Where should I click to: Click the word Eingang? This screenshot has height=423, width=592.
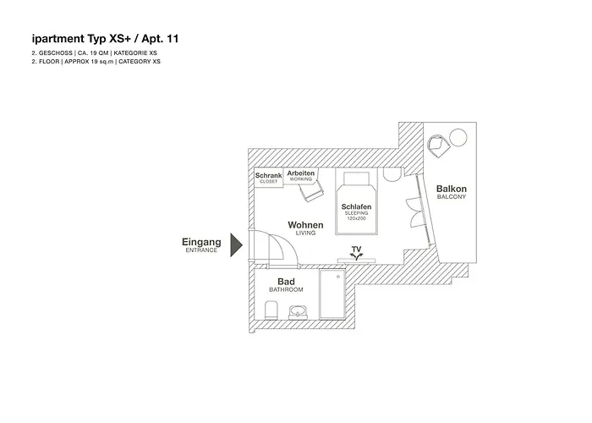(x=201, y=242)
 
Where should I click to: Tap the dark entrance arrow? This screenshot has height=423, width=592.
(x=237, y=245)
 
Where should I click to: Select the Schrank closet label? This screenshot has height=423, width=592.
(x=268, y=177)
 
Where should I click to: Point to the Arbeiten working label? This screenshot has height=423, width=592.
(x=300, y=175)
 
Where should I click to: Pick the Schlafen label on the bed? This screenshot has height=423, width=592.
(x=357, y=206)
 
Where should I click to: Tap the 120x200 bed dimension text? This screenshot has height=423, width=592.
(x=357, y=219)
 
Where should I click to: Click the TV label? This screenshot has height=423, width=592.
(x=356, y=249)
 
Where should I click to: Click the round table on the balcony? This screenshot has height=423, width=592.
(x=459, y=136)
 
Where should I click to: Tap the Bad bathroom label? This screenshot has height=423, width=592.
(x=285, y=282)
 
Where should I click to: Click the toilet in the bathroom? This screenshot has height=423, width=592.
(x=269, y=314)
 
